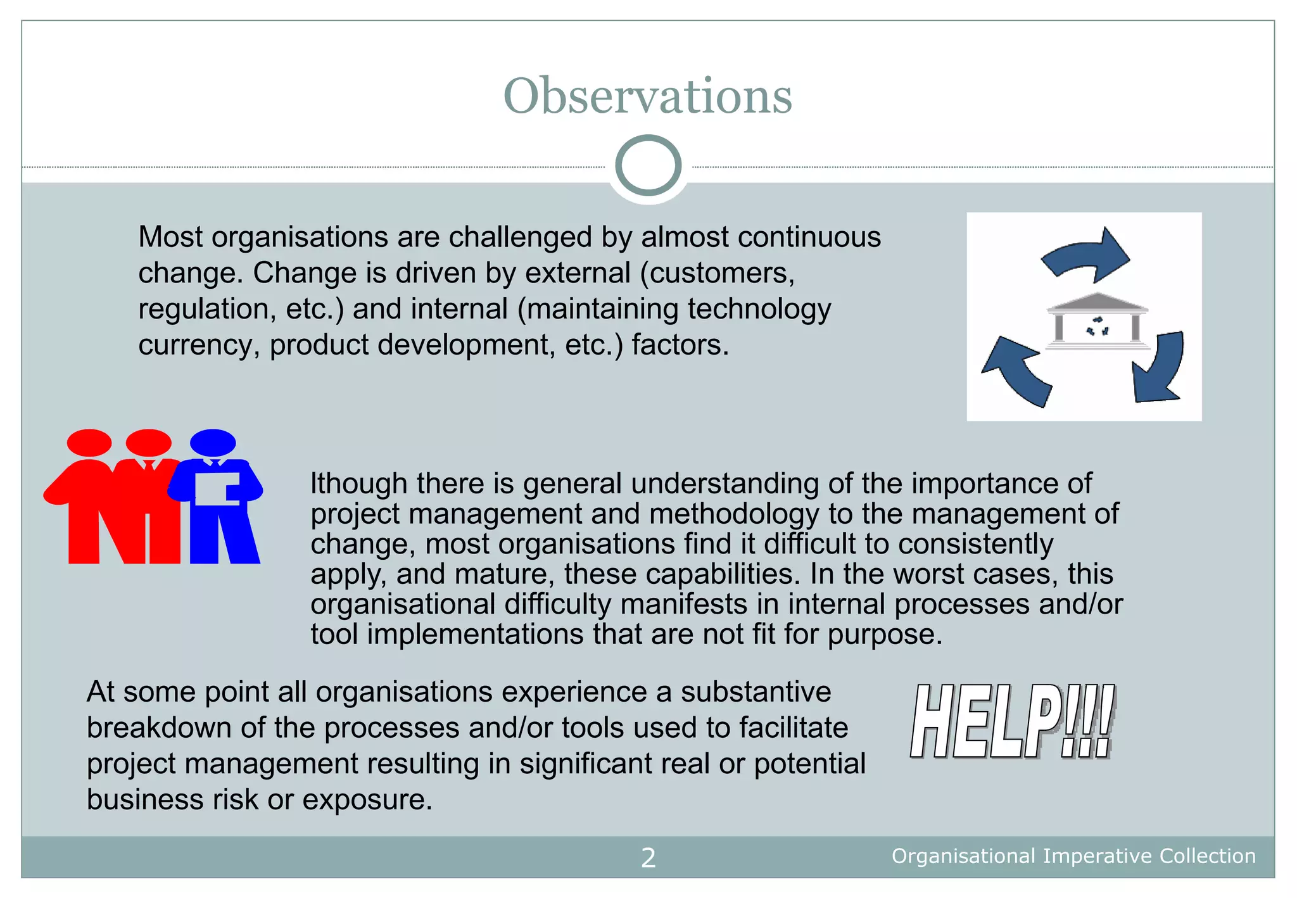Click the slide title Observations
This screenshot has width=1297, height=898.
tap(647, 96)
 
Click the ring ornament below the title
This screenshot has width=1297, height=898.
tap(648, 166)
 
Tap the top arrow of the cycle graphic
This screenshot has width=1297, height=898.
tap(1087, 254)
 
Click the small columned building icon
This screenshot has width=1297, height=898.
tap(1098, 321)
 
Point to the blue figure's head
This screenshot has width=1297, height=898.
tap(213, 442)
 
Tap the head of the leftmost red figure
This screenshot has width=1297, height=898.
tap(89, 442)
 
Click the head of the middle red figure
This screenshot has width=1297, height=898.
tap(148, 442)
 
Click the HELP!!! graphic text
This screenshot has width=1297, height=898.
tap(1012, 721)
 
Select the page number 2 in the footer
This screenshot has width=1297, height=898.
tap(648, 857)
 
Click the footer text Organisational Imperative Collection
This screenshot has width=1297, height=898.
tap(1073, 856)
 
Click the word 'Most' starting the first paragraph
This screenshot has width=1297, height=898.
tap(170, 237)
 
